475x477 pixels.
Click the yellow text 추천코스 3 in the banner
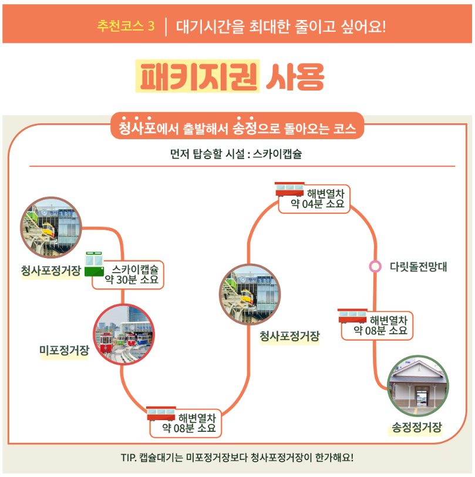pos(126,26)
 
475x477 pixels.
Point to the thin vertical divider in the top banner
pos(166,26)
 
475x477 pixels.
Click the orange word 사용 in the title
pos(295,76)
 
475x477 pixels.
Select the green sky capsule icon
pos(94,264)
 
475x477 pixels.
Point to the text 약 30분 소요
pos(132,280)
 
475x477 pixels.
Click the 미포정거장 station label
pos(64,351)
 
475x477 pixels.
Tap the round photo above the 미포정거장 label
pos(124,335)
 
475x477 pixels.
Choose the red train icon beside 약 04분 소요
pos(289,189)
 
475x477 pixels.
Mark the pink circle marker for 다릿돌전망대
pos(374,266)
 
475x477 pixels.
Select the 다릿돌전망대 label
pos(418,266)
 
